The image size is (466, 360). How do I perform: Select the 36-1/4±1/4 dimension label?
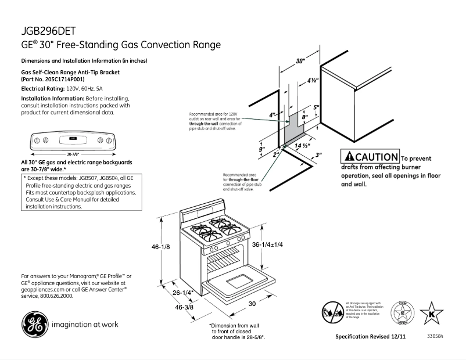pos(267,245)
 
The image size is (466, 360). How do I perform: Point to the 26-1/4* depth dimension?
pos(184,293)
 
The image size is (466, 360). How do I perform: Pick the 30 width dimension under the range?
pos(253,304)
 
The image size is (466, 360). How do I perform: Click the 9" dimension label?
pos(262,150)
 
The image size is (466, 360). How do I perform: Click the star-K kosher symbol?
pos(432,314)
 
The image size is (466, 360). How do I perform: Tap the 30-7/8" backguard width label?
pos(73,154)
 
